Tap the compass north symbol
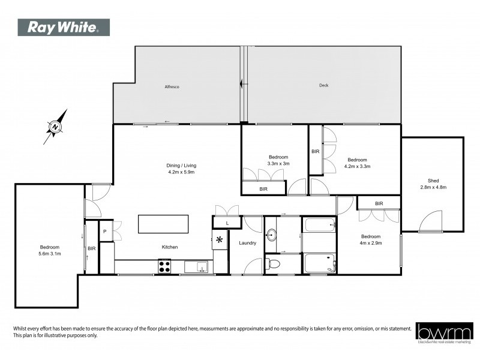click(55, 127)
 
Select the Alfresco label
click(172, 87)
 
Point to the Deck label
click(323, 86)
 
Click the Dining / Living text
click(181, 166)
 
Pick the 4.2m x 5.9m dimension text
click(181, 172)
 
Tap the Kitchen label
click(169, 247)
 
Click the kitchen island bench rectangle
click(163, 224)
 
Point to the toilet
click(274, 263)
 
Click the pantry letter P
click(104, 231)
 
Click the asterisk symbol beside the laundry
click(220, 241)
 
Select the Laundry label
click(247, 243)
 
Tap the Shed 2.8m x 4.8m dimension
click(433, 187)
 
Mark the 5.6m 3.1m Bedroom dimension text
click(49, 253)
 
